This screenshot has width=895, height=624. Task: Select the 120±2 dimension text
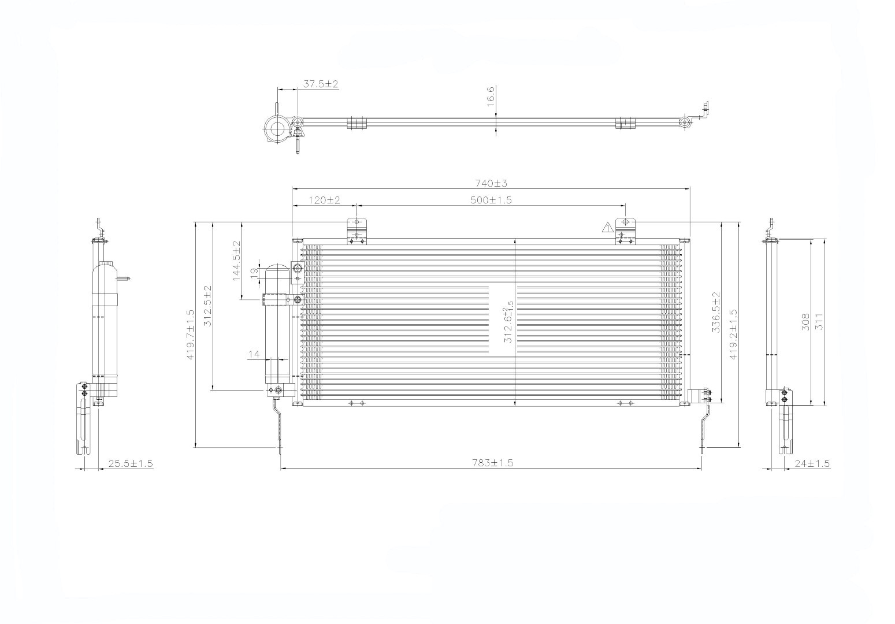tap(324, 200)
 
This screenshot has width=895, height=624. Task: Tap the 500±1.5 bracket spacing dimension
tap(491, 200)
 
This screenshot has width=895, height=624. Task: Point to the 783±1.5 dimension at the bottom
tap(492, 463)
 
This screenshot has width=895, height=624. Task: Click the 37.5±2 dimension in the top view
tap(321, 84)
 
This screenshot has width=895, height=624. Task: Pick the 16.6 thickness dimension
tap(491, 96)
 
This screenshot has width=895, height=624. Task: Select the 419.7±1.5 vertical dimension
tap(190, 335)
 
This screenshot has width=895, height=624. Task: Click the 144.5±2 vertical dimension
tap(236, 261)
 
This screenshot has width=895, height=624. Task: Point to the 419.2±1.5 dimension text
tap(733, 335)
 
